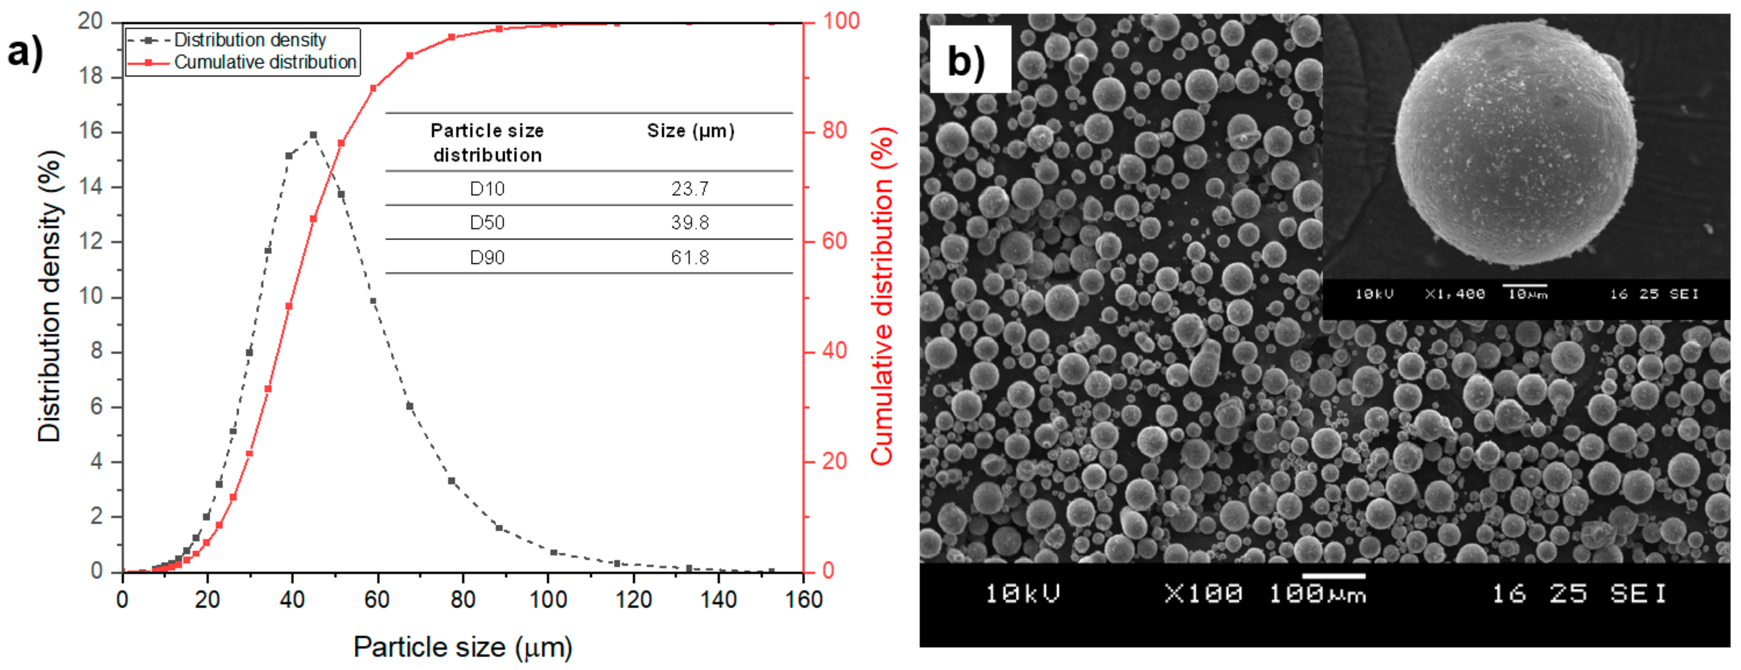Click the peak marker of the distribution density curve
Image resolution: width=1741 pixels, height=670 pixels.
313,135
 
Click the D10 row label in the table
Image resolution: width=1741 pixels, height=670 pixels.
487,189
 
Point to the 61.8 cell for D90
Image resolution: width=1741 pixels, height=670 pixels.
690,258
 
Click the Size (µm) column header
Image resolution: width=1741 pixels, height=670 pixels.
690,131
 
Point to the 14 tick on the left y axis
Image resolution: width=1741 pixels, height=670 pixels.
91,187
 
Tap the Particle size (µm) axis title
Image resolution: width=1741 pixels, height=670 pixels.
463,647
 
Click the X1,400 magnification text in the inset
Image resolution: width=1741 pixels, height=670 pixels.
1454,294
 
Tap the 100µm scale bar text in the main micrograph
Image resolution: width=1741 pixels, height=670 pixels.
1317,594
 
